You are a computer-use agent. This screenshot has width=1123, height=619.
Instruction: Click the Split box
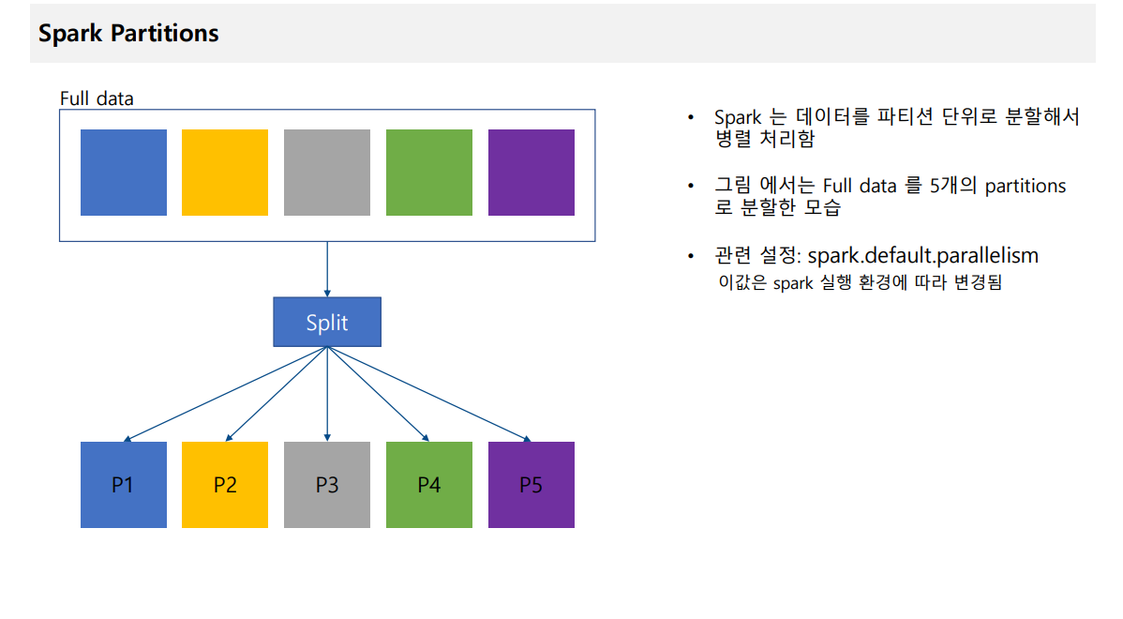tap(327, 322)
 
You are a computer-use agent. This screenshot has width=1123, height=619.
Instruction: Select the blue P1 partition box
tap(123, 485)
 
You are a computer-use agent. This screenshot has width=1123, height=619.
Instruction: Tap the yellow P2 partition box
tap(225, 485)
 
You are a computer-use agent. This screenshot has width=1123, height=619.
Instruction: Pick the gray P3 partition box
tap(327, 485)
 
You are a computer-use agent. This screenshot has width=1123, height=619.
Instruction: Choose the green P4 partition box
tap(429, 485)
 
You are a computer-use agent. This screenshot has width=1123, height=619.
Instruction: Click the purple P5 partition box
tap(532, 485)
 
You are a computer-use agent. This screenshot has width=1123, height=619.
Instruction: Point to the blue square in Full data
tap(123, 173)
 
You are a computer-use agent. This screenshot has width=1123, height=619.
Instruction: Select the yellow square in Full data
tap(225, 173)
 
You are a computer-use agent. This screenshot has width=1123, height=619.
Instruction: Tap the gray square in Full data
tap(327, 173)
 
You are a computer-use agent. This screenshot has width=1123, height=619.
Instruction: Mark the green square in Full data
tap(429, 173)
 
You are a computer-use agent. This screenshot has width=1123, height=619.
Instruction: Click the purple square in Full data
tap(532, 173)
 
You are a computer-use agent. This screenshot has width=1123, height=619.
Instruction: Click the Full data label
tap(97, 98)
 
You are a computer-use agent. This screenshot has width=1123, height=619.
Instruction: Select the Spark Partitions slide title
tap(129, 33)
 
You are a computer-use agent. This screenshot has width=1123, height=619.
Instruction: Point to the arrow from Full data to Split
tap(327, 269)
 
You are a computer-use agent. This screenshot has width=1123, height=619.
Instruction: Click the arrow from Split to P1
tap(226, 394)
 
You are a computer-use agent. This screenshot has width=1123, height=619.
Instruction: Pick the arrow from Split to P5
tap(429, 394)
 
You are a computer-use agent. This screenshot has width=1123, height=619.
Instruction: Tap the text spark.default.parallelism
tap(923, 256)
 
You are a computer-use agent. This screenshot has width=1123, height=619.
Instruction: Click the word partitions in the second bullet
tap(1026, 187)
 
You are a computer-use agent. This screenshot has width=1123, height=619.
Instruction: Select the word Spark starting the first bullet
tap(738, 117)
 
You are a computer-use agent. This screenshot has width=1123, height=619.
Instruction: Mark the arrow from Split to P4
tap(378, 394)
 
